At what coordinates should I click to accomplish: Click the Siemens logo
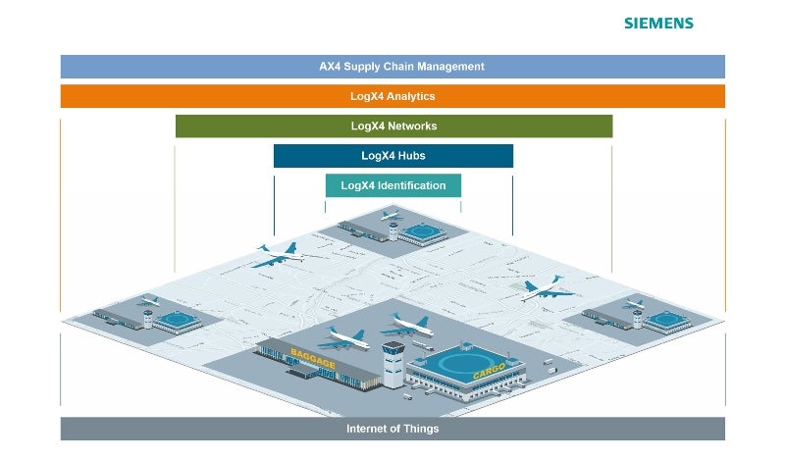point(658,23)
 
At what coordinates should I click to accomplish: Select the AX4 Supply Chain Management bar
point(392,67)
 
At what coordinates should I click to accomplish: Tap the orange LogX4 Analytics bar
point(392,96)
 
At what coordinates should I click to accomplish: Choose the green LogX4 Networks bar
point(393,126)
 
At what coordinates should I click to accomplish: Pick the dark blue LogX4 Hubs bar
point(392,155)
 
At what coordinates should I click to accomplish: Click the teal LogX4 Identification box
point(392,185)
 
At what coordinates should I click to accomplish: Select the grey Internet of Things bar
point(392,429)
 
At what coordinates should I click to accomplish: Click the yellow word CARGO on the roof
point(488,374)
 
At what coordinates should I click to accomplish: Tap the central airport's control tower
point(392,363)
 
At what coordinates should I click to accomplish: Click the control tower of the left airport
point(148,318)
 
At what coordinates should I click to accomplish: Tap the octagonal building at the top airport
point(424,232)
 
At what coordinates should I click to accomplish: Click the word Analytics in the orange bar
point(411,96)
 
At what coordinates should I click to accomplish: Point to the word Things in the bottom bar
point(421,429)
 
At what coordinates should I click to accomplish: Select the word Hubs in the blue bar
point(410,155)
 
